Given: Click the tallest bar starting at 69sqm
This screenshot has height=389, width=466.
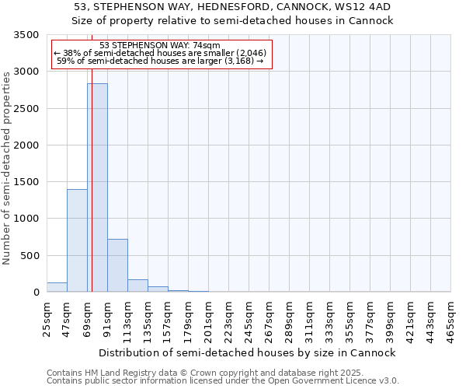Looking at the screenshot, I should pyautogui.click(x=97, y=187).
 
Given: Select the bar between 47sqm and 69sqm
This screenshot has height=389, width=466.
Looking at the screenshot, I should pyautogui.click(x=77, y=240).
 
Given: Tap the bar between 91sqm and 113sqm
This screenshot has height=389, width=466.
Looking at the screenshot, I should pyautogui.click(x=117, y=265).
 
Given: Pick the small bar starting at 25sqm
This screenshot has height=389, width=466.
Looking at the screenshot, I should pyautogui.click(x=57, y=287).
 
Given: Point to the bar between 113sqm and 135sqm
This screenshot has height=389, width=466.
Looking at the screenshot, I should pyautogui.click(x=137, y=286).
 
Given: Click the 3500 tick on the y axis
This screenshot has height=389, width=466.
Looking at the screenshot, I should pyautogui.click(x=27, y=36).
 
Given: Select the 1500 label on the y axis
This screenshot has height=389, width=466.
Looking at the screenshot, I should pyautogui.click(x=27, y=182).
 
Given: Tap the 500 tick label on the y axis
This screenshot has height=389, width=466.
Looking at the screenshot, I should pyautogui.click(x=30, y=256).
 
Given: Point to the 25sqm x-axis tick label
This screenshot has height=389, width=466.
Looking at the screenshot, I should pyautogui.click(x=47, y=318).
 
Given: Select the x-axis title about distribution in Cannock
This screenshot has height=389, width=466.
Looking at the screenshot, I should pyautogui.click(x=248, y=352).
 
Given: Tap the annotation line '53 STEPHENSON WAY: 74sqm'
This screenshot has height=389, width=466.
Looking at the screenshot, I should pyautogui.click(x=161, y=45).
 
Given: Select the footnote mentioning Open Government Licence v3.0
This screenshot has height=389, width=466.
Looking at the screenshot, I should pyautogui.click(x=222, y=380).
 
